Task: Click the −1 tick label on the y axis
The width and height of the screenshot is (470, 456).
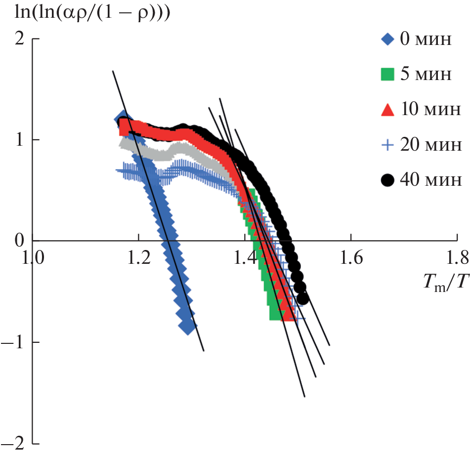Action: click(15, 342)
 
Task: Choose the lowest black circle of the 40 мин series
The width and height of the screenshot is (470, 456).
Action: click(302, 298)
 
